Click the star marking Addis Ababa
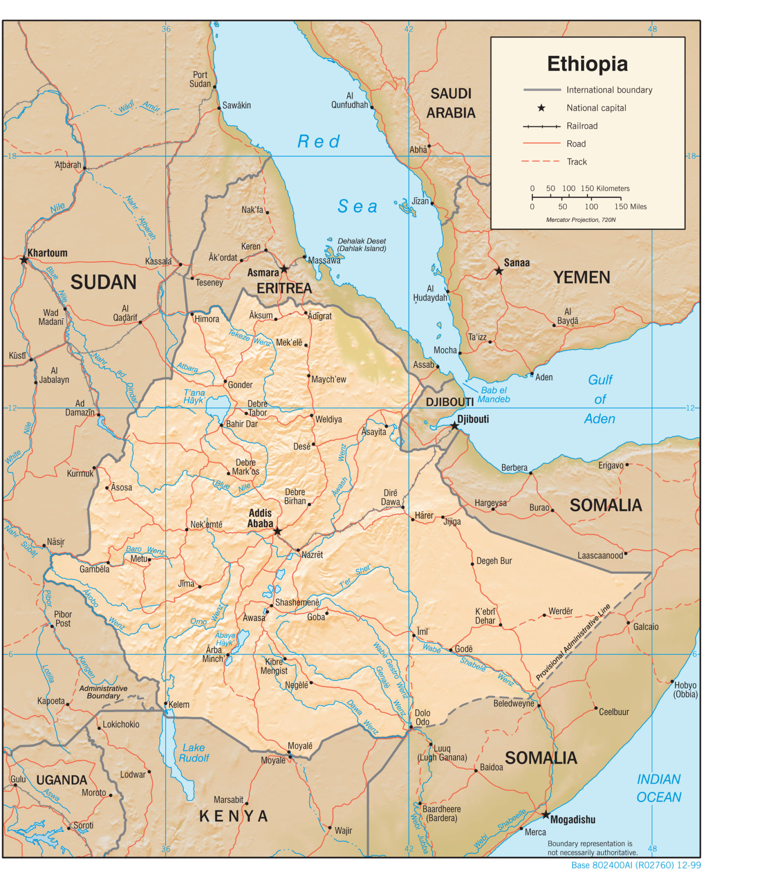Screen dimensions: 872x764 tap(278, 531)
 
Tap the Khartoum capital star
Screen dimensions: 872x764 tap(24, 260)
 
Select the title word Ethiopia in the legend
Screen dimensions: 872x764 tap(587, 64)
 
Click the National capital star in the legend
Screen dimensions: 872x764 tap(541, 108)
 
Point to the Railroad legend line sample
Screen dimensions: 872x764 tap(541, 126)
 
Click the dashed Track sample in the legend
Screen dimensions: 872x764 tap(540, 161)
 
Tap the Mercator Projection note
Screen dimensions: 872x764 tap(581, 220)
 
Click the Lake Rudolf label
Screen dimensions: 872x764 tap(194, 753)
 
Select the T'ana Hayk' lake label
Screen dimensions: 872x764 tap(194, 396)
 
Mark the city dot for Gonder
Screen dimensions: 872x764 tap(226, 381)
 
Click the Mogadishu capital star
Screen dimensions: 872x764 tap(546, 815)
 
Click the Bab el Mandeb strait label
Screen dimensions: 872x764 tap(493, 395)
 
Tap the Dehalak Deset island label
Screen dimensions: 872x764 tap(362, 245)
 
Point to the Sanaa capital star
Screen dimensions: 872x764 tap(499, 271)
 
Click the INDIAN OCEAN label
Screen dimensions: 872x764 tap(658, 788)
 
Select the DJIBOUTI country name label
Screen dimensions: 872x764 tap(449, 402)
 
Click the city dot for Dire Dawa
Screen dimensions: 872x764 tap(403, 508)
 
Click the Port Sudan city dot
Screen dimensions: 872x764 tap(215, 87)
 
